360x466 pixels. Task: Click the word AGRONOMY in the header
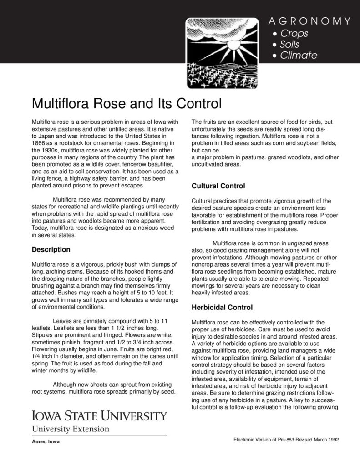(309, 21)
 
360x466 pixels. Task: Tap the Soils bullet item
(289, 44)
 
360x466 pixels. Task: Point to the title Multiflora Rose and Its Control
(127, 104)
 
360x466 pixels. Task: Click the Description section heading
(51, 249)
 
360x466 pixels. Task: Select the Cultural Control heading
(218, 186)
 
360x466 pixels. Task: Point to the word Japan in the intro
(49, 136)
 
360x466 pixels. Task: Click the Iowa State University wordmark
(99, 416)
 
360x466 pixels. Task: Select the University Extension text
(70, 429)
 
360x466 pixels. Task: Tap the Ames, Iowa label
(46, 442)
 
